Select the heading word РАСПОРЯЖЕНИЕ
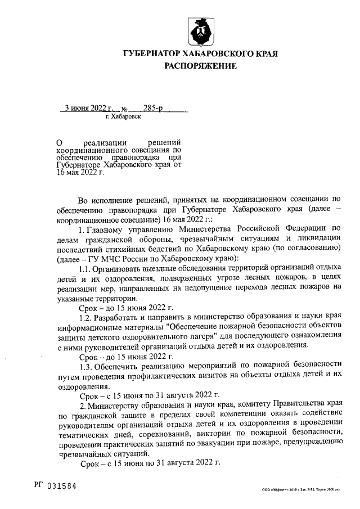click(x=200, y=66)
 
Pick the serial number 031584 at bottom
click(x=61, y=485)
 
